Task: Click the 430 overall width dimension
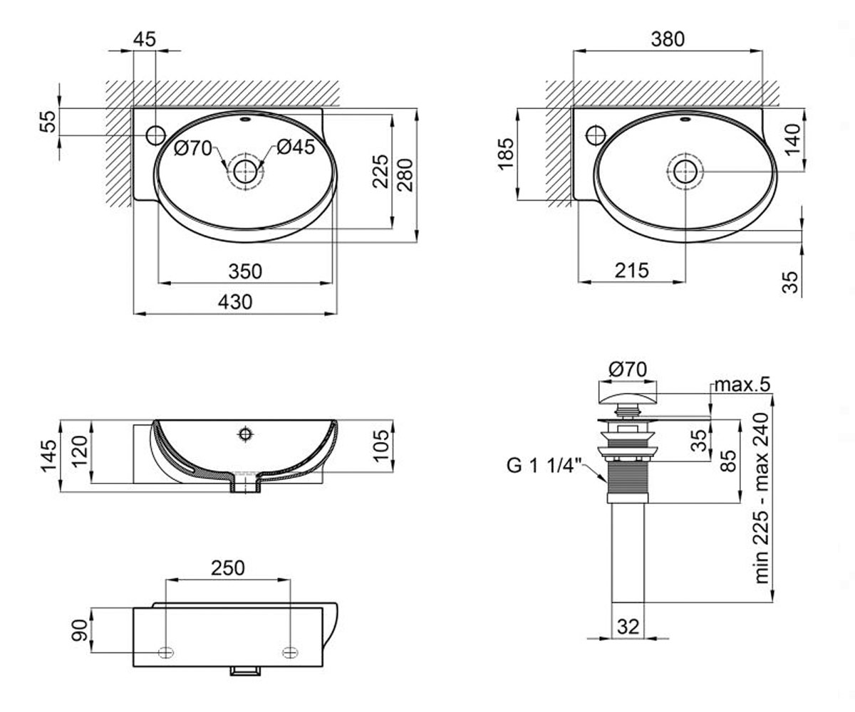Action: pyautogui.click(x=235, y=303)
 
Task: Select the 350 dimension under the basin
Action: pyautogui.click(x=245, y=271)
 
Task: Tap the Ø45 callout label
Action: pyautogui.click(x=296, y=147)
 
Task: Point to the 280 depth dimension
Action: pyautogui.click(x=405, y=175)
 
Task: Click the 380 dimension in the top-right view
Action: pyautogui.click(x=668, y=39)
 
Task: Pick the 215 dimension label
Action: pyautogui.click(x=631, y=271)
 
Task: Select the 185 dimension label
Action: pyautogui.click(x=506, y=154)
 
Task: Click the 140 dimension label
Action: pyautogui.click(x=793, y=139)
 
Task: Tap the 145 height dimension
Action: pyautogui.click(x=48, y=456)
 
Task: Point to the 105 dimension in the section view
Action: pyautogui.click(x=382, y=446)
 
